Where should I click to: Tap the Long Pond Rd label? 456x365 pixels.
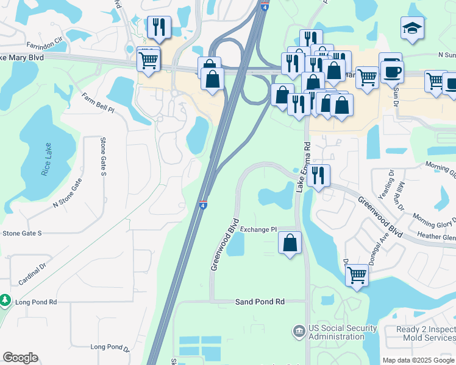tap(36, 302)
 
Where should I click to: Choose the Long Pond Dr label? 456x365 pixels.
tap(110, 347)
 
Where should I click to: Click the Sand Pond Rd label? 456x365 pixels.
tap(260, 302)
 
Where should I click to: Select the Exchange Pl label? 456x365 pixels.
tap(258, 229)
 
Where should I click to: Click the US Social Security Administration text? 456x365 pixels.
tap(337, 332)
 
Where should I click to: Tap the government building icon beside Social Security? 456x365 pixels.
tap(299, 332)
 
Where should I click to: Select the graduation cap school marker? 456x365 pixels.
tap(412, 27)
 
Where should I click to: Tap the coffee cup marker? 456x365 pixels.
tap(391, 69)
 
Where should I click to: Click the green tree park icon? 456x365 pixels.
tap(5, 300)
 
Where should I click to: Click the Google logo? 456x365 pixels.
tap(20, 358)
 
